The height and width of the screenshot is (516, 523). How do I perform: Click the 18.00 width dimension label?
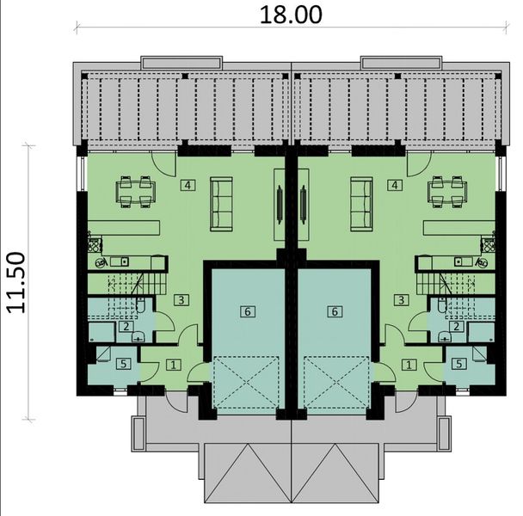click(x=290, y=14)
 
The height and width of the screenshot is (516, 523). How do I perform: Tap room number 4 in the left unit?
click(x=186, y=185)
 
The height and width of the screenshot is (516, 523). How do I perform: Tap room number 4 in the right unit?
click(x=394, y=185)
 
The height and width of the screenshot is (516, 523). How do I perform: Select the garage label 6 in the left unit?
click(x=248, y=311)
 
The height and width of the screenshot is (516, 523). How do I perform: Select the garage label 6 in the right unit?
click(x=334, y=311)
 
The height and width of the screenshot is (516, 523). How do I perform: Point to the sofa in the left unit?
click(x=222, y=198)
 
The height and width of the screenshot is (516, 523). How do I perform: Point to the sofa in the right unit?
click(x=360, y=198)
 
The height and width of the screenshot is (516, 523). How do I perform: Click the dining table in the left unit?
click(x=136, y=191)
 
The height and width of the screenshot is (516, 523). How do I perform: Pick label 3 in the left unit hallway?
click(x=180, y=299)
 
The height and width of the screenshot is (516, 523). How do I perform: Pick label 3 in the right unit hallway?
click(x=401, y=299)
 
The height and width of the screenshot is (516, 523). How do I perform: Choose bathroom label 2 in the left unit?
click(x=126, y=326)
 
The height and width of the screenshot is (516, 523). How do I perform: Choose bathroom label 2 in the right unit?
click(x=456, y=326)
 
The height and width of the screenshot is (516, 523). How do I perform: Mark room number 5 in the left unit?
click(x=124, y=364)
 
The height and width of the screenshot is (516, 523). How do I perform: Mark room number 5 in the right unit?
click(x=458, y=364)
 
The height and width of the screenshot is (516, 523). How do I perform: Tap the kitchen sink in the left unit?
click(x=121, y=261)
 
